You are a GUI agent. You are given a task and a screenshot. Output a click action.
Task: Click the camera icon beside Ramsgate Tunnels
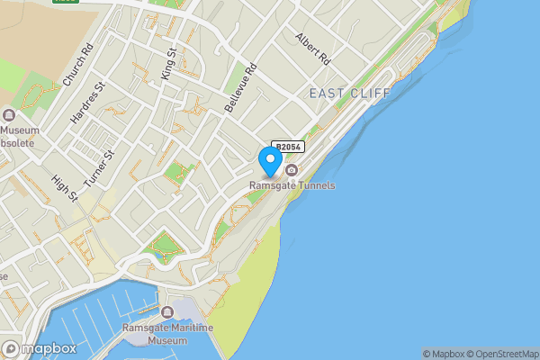[292, 170]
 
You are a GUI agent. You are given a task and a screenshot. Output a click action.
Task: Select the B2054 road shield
[288, 147]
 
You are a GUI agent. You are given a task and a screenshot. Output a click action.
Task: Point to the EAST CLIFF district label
[350, 94]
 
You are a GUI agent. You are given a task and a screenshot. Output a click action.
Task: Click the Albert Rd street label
[313, 49]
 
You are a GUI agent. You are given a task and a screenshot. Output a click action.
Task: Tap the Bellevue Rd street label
[241, 88]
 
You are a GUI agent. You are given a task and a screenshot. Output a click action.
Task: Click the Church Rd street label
[77, 66]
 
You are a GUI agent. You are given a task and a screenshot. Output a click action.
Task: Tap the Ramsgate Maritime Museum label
[168, 334]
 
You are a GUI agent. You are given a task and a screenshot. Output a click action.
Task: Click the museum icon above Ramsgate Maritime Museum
[168, 312]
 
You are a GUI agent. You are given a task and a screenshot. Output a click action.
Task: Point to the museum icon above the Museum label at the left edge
[9, 115]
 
